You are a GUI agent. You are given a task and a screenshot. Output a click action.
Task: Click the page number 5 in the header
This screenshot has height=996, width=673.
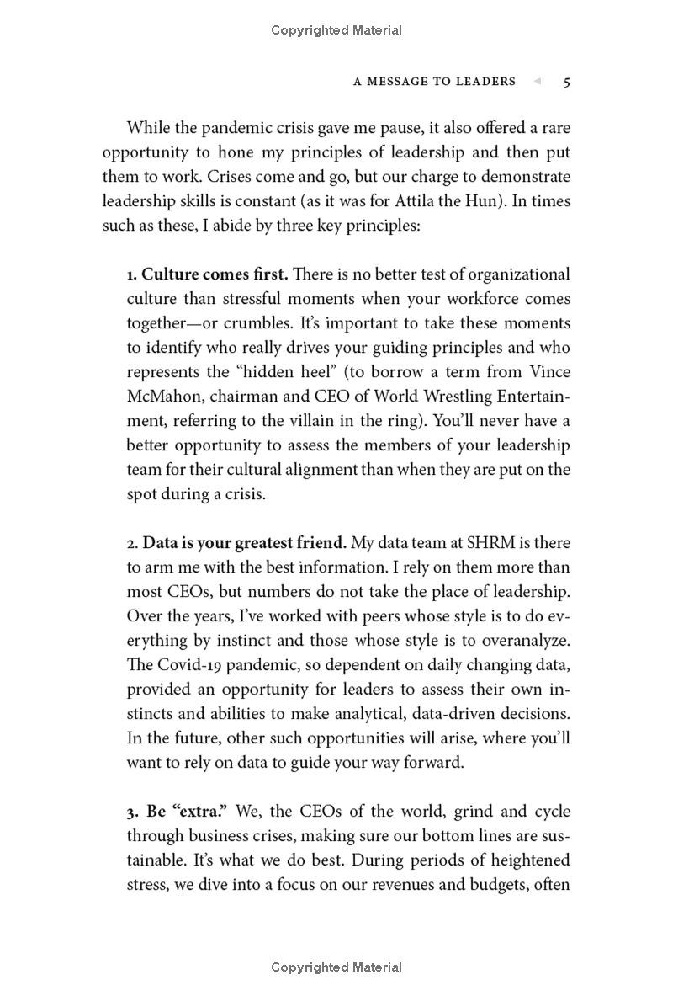tap(567, 82)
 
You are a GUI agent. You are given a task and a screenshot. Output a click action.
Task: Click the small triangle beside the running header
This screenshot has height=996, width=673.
tap(537, 82)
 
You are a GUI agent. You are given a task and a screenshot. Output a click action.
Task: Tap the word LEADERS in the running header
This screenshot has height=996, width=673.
tap(485, 82)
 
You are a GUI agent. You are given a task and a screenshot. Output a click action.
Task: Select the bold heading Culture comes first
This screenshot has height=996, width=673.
tap(215, 274)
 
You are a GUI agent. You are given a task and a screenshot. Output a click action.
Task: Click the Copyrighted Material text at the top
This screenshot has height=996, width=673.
tap(336, 30)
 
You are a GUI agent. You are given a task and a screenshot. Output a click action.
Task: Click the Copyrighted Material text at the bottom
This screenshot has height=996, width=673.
tap(336, 967)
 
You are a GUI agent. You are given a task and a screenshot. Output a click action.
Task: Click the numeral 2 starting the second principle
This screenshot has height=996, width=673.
tap(130, 544)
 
